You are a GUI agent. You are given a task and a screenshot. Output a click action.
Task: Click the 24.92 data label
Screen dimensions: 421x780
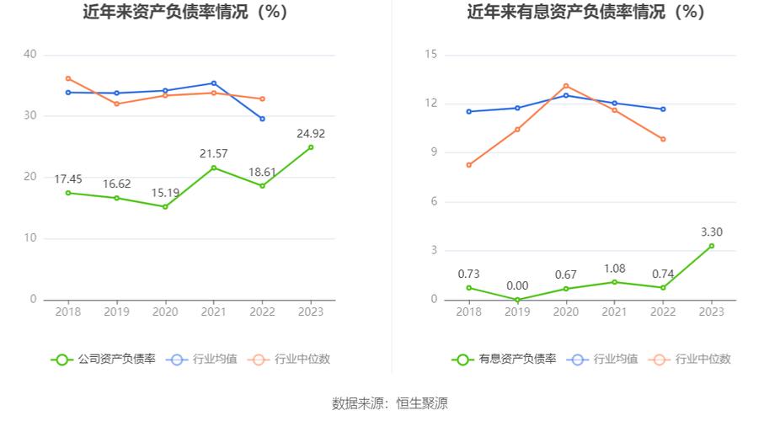(x=311, y=133)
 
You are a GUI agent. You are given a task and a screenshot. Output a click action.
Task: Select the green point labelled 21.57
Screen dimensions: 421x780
(x=213, y=168)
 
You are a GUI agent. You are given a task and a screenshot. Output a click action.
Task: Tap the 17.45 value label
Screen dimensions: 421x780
(x=68, y=179)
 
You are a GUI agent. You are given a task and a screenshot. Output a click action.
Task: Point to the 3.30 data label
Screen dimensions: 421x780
(x=712, y=232)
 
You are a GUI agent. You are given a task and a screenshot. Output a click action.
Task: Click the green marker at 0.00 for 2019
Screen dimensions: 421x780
(x=517, y=300)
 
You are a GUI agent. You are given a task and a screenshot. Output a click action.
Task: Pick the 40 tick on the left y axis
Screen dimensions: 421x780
(x=30, y=55)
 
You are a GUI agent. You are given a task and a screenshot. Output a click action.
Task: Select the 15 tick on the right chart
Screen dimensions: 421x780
(x=431, y=55)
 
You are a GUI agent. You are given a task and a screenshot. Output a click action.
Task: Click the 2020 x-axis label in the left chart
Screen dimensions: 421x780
(x=165, y=312)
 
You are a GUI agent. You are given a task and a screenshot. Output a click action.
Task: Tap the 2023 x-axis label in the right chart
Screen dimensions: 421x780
(x=712, y=312)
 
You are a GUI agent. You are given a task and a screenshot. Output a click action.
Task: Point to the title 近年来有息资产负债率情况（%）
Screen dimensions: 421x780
(x=586, y=13)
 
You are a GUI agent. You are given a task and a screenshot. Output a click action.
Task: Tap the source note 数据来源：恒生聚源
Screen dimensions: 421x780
(x=390, y=403)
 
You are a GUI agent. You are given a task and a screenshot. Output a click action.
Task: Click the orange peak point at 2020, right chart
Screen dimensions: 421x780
(x=566, y=86)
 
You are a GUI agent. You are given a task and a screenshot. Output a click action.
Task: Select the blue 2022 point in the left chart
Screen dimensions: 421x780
(x=262, y=119)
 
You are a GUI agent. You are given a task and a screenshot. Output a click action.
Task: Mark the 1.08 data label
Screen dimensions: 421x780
(x=614, y=269)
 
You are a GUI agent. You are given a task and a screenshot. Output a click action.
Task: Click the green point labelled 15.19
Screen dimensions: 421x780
(x=165, y=206)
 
